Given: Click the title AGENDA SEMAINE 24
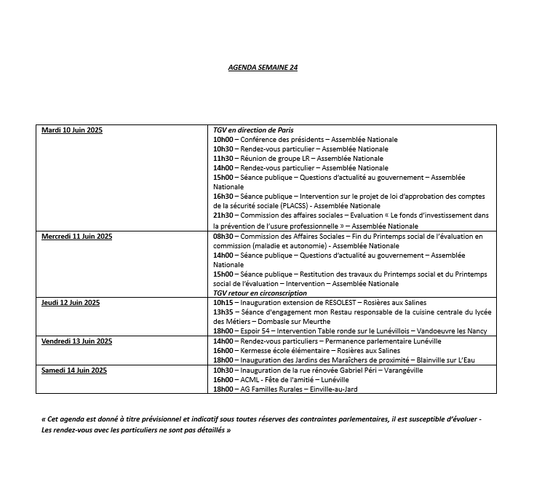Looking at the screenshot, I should pyautogui.click(x=263, y=67).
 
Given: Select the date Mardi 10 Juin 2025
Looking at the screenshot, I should pyautogui.click(x=72, y=130).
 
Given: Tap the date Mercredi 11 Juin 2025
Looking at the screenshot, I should pyautogui.click(x=76, y=237).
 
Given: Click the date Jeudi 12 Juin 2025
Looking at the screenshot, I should pyautogui.click(x=71, y=302).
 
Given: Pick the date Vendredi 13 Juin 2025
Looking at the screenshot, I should pyautogui.click(x=76, y=341).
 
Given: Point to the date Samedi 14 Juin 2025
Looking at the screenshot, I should pyautogui.click(x=74, y=370).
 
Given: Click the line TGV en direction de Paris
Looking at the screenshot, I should pyautogui.click(x=253, y=130).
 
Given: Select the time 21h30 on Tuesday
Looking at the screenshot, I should pyautogui.click(x=223, y=215).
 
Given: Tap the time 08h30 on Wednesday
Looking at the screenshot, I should pyautogui.click(x=223, y=237).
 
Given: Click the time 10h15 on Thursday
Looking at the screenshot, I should pyautogui.click(x=223, y=302).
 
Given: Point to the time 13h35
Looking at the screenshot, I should pyautogui.click(x=223, y=312).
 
